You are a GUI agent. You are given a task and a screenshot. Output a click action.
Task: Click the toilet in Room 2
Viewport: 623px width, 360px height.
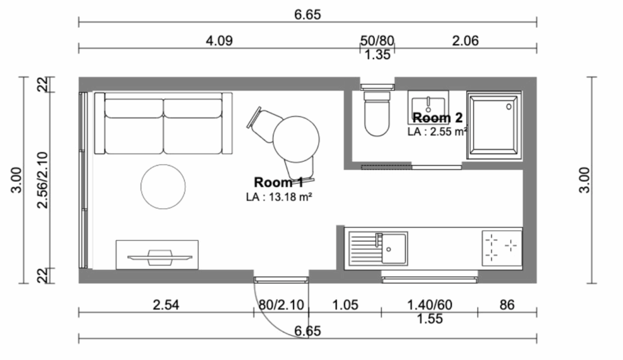click(377, 114)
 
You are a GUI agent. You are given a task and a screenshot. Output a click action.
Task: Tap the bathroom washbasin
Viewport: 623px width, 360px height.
click(428, 107)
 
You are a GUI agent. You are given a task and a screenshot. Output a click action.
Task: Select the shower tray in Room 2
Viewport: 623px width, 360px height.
click(494, 125)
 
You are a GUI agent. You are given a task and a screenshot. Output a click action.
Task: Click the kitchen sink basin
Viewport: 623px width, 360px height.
click(394, 249)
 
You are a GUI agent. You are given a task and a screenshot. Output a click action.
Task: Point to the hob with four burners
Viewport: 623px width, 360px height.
click(501, 248)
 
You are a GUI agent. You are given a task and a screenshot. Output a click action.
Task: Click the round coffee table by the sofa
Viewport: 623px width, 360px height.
click(163, 186)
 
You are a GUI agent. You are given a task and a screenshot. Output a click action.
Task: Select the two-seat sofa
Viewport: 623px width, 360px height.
click(163, 123)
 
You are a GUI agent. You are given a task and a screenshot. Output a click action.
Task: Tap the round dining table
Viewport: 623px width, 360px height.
click(296, 139)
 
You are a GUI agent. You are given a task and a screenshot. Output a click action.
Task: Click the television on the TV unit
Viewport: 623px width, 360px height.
click(160, 257)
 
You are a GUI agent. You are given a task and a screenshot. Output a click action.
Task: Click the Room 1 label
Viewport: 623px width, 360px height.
click(279, 182)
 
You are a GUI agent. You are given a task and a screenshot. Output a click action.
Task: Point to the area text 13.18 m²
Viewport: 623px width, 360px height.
click(290, 196)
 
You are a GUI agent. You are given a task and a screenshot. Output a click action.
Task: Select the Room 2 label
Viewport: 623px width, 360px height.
click(437, 117)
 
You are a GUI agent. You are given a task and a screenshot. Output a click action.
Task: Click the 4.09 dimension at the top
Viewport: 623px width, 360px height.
click(219, 41)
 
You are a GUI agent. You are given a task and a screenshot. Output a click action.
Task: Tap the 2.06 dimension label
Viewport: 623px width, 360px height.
click(465, 41)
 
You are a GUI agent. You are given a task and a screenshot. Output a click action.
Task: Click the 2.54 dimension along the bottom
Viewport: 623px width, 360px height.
click(165, 305)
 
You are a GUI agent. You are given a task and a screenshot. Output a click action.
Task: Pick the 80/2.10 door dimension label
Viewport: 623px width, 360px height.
click(281, 305)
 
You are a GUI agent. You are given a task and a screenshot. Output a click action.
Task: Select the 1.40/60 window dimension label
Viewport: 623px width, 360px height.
click(430, 305)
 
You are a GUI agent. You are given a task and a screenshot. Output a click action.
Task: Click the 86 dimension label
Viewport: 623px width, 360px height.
click(507, 305)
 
